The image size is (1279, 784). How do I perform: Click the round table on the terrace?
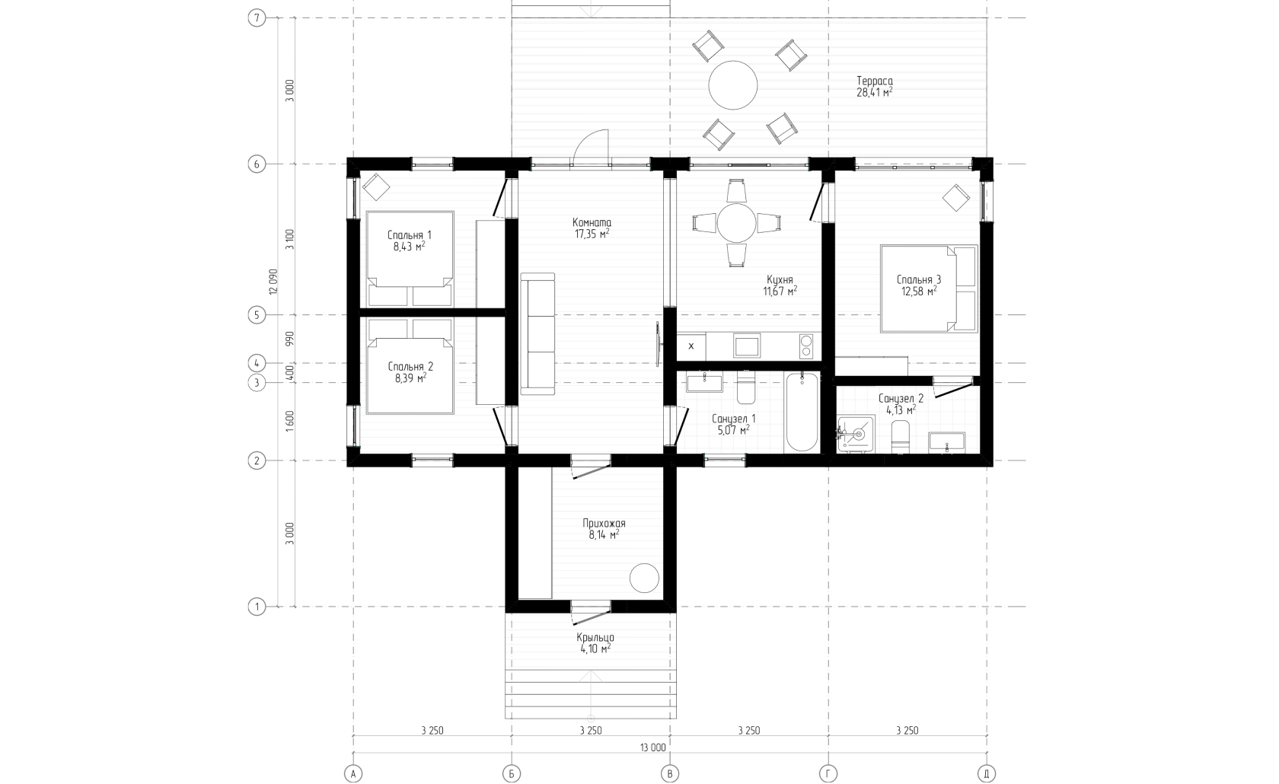pyautogui.click(x=732, y=85)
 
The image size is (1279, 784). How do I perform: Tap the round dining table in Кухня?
pyautogui.click(x=737, y=223)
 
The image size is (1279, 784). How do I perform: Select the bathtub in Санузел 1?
pyautogui.click(x=802, y=413)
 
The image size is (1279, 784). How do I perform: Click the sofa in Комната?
pyautogui.click(x=537, y=333)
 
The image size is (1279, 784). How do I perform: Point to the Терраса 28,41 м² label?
pyautogui.click(x=874, y=87)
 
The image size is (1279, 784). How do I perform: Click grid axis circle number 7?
pyautogui.click(x=257, y=18)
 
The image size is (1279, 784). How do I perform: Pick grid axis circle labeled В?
pyautogui.click(x=670, y=773)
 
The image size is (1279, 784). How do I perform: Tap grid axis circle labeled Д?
pyautogui.click(x=986, y=773)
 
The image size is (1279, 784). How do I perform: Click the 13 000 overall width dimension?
pyautogui.click(x=653, y=747)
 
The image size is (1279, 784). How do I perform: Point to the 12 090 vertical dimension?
pyautogui.click(x=273, y=281)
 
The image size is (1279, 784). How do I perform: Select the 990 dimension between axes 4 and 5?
pyautogui.click(x=289, y=339)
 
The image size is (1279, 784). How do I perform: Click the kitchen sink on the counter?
pyautogui.click(x=747, y=346)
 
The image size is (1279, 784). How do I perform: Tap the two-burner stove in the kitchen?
pyautogui.click(x=805, y=346)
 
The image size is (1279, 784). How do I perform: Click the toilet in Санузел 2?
pyautogui.click(x=900, y=437)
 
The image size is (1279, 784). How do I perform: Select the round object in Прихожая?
pyautogui.click(x=644, y=578)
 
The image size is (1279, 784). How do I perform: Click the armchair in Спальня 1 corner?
pyautogui.click(x=376, y=186)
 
